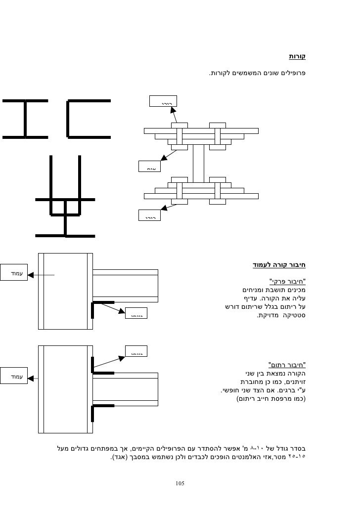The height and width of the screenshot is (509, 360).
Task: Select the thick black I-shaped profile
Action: tap(24, 118)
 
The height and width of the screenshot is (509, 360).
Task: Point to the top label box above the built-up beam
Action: tap(164, 101)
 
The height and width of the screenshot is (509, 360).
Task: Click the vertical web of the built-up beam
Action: tap(198, 163)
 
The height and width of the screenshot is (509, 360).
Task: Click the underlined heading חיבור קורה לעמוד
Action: tap(279, 265)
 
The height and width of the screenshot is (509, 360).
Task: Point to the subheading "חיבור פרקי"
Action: tap(288, 281)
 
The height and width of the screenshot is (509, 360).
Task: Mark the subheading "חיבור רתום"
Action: tap(287, 365)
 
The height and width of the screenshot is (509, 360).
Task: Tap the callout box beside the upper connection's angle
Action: tap(136, 313)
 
